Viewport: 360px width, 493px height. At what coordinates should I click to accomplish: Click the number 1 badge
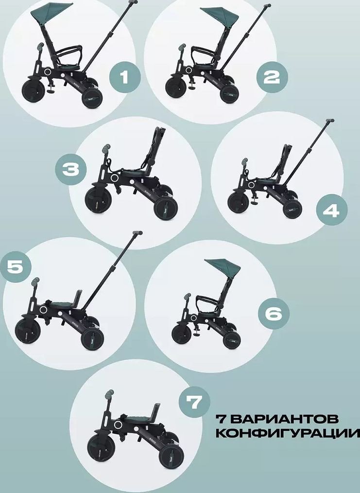125,77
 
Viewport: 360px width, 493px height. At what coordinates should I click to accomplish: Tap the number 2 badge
272,77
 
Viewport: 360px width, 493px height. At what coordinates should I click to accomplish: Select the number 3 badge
71,170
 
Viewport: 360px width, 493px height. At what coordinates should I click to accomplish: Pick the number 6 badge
274,314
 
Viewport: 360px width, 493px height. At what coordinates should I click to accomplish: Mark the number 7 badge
194,402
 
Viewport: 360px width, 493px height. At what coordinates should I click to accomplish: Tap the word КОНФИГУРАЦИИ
288,433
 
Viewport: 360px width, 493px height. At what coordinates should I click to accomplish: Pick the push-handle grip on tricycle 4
329,121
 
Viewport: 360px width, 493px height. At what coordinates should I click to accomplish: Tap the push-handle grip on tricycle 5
137,233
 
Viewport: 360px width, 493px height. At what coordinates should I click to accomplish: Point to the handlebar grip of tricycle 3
106,147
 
